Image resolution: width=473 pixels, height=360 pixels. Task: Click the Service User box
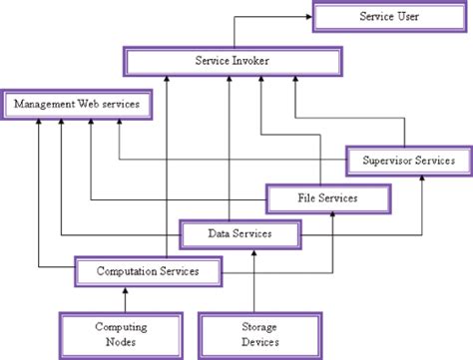(x=389, y=17)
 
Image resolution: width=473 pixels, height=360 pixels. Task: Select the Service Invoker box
(x=231, y=61)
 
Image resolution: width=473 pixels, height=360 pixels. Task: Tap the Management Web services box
(x=77, y=104)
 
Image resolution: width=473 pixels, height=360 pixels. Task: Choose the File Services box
(x=327, y=198)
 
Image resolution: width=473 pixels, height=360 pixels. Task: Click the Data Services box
(x=239, y=234)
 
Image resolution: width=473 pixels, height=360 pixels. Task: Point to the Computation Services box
(x=148, y=270)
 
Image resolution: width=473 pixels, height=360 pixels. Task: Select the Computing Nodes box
(x=121, y=334)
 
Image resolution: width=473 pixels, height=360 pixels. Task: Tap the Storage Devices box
(x=259, y=334)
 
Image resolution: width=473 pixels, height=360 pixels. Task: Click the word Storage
(x=259, y=326)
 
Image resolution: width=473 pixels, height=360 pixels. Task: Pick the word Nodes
(x=121, y=342)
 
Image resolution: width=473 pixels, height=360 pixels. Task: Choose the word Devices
(x=259, y=342)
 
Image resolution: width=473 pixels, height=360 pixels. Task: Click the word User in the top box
(x=409, y=17)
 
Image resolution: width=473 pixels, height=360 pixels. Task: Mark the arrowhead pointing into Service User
(x=307, y=17)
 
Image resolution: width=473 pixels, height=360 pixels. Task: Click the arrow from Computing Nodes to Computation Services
(x=125, y=298)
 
